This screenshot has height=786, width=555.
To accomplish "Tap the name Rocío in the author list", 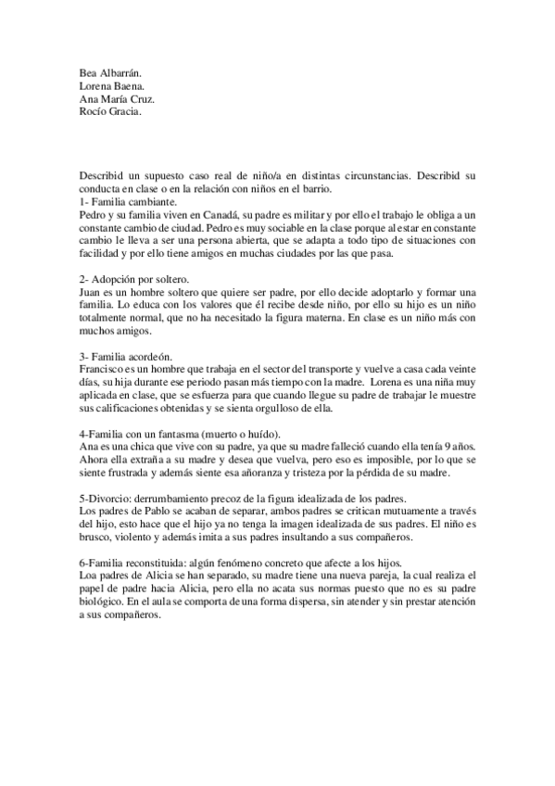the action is (x=95, y=113).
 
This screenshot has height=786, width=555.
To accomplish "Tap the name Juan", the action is (x=92, y=291).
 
